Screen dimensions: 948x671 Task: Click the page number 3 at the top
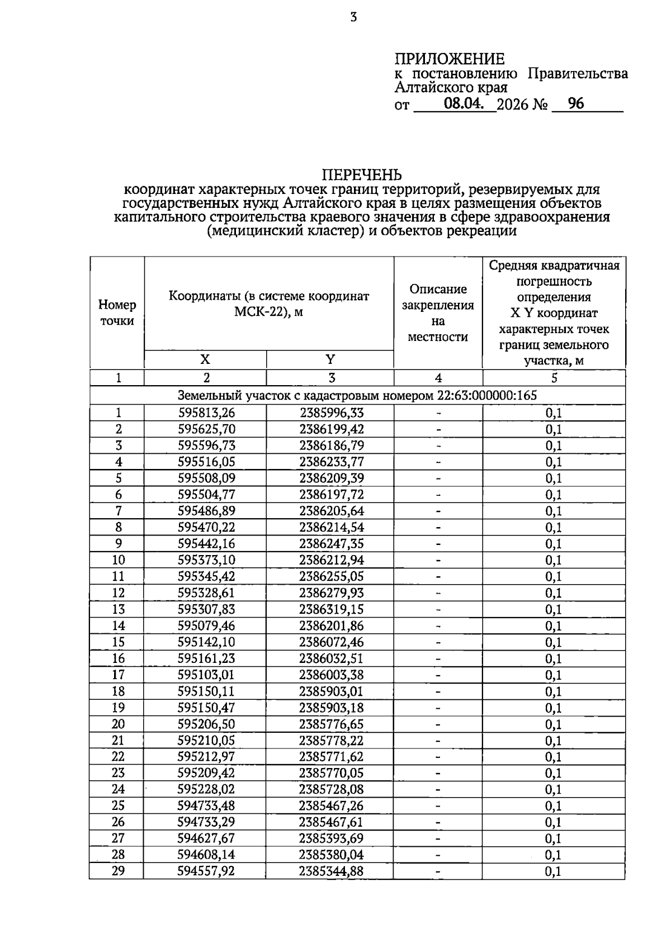point(353,18)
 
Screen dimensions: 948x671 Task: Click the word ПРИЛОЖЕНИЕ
point(450,59)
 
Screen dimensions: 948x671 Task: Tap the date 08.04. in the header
point(464,103)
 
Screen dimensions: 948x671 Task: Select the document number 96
point(575,103)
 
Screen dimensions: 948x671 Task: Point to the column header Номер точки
point(117,312)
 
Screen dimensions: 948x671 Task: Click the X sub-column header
point(205,359)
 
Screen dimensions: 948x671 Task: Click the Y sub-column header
point(330,359)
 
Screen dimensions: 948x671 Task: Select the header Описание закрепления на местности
point(438,312)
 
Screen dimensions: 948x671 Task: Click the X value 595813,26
point(206,413)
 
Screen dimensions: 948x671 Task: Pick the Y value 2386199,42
point(331,429)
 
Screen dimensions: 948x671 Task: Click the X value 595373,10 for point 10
point(206,560)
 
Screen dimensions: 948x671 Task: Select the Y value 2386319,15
point(331,609)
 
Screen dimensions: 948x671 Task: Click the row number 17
point(118,675)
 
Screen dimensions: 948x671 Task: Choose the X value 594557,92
point(206,871)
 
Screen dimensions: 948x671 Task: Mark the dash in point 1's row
point(438,413)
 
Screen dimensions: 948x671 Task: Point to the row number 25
point(118,805)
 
